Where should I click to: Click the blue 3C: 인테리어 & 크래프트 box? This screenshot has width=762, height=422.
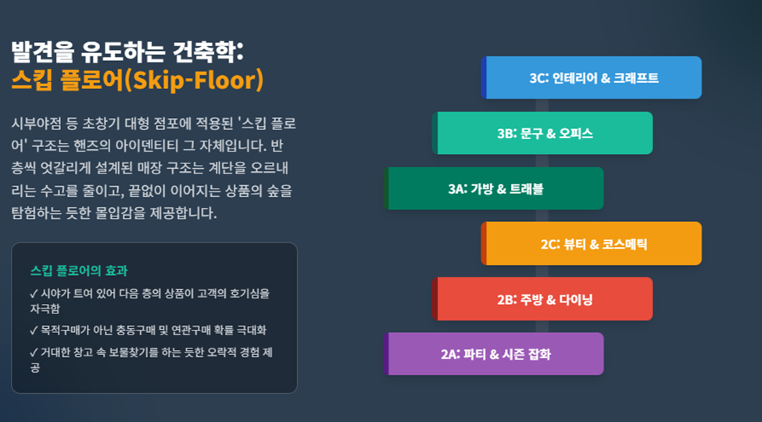(592, 78)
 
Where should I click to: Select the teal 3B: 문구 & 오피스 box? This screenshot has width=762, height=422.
(542, 133)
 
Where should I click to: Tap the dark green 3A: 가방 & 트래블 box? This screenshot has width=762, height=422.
(493, 188)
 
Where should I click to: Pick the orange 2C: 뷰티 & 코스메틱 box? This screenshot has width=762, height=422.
(592, 244)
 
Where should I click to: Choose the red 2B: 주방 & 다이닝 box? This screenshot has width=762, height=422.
(542, 299)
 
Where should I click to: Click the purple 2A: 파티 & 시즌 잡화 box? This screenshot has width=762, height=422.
(493, 354)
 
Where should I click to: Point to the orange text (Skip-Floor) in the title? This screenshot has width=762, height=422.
(194, 80)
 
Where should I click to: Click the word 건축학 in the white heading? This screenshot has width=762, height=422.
(207, 52)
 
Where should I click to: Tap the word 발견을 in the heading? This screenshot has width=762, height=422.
(43, 52)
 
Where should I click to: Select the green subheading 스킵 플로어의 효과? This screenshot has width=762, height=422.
(79, 271)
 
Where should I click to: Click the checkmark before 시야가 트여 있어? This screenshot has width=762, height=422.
(34, 294)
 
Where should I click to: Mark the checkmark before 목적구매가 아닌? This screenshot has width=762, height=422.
(34, 331)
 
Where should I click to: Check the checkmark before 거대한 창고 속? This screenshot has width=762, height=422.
(34, 352)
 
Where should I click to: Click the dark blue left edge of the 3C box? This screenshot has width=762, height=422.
(484, 78)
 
